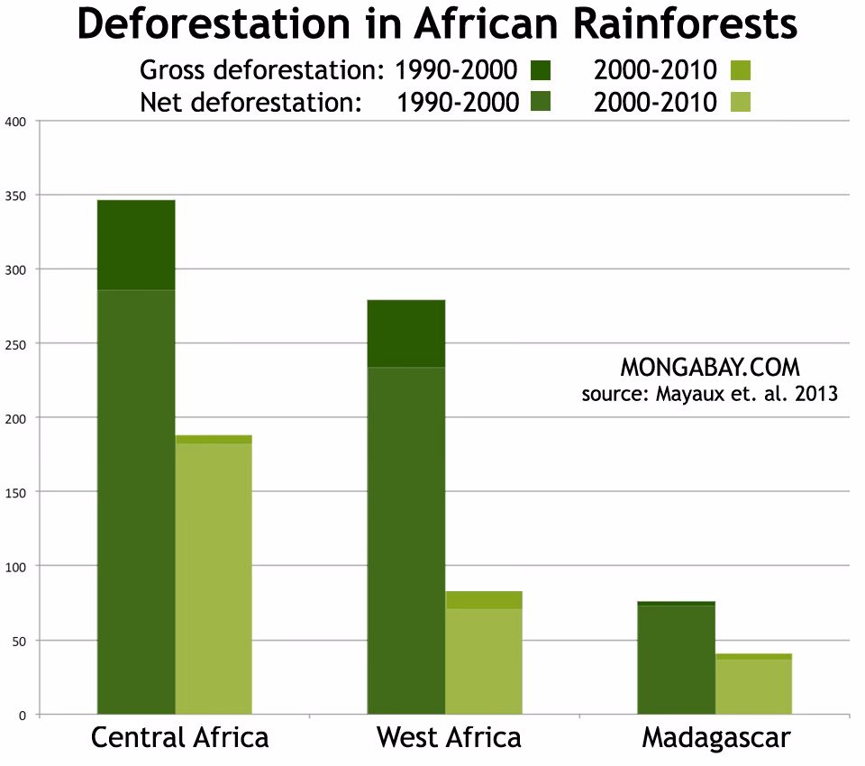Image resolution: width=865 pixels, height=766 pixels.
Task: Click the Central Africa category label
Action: [x=179, y=738]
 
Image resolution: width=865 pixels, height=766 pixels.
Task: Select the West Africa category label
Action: [x=449, y=738]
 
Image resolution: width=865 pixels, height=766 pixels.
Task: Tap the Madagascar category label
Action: [x=716, y=738]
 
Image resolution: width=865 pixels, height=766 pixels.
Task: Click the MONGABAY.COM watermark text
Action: [x=710, y=368]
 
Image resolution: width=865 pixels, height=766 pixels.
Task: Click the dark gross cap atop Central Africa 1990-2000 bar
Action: [x=136, y=244]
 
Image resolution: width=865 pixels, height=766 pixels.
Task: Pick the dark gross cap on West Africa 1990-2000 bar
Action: [x=406, y=333]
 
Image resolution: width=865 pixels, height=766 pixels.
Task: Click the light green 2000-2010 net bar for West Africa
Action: [x=484, y=661]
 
